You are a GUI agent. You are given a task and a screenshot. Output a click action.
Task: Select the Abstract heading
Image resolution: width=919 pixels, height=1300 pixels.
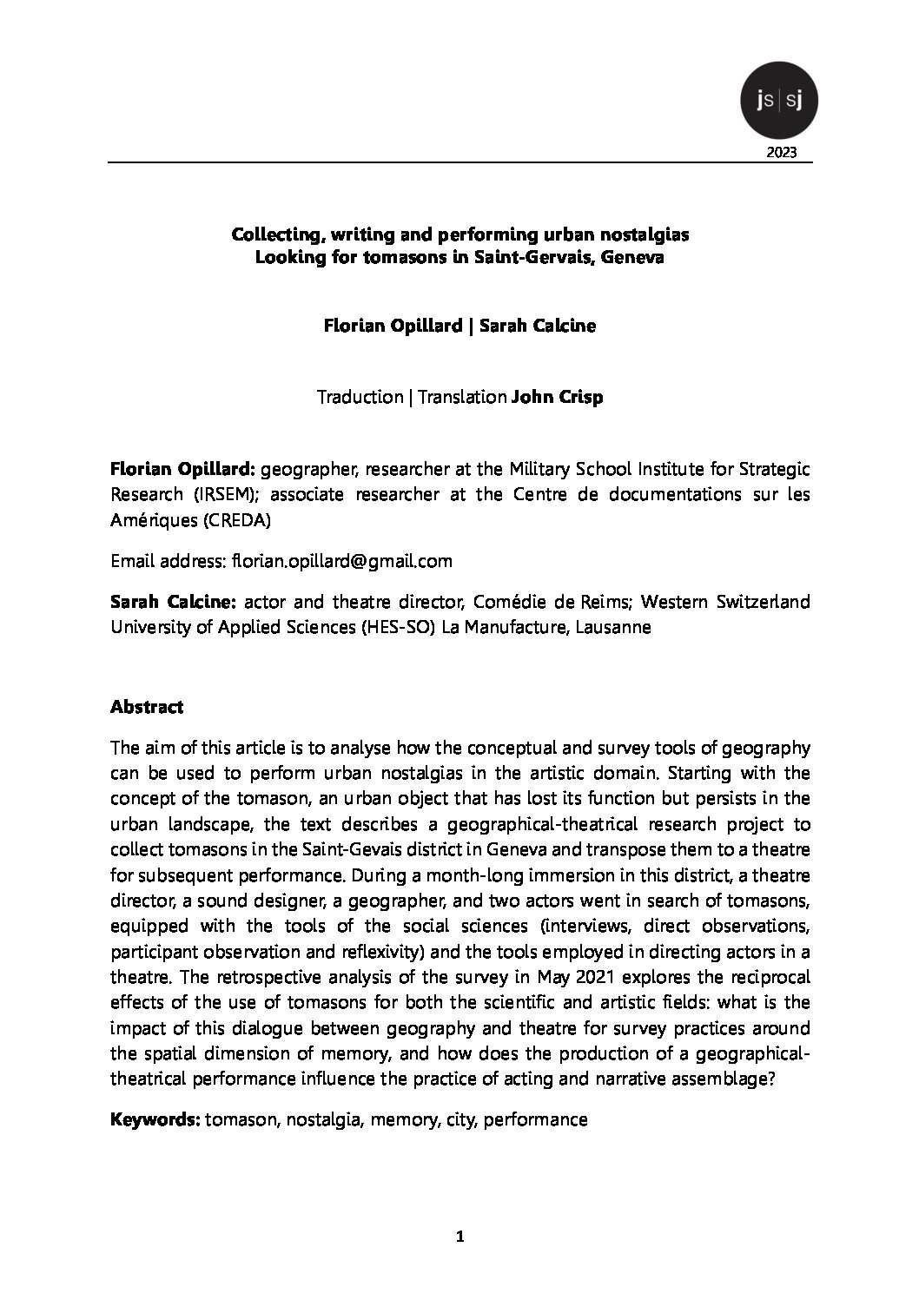[147, 707]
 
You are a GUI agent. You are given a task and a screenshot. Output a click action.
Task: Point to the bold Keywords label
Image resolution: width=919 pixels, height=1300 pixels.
[155, 1119]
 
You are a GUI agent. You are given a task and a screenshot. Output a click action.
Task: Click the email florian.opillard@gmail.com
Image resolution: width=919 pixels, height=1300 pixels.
[342, 561]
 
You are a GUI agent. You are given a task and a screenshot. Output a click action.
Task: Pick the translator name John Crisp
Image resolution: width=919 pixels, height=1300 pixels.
[557, 397]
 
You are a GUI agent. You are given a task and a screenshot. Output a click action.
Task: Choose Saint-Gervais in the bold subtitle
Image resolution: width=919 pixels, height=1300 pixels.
[519, 259]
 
